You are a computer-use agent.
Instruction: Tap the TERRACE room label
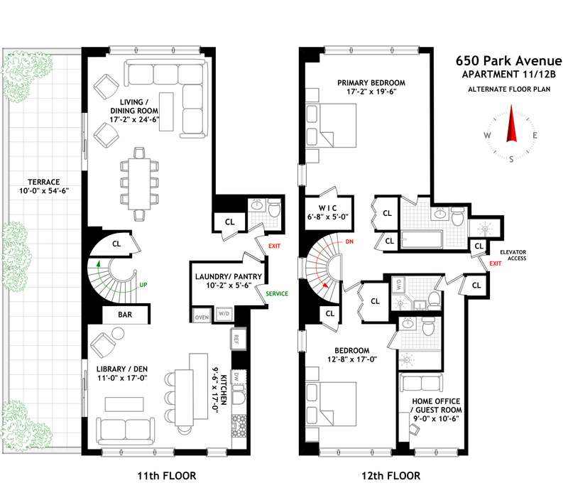[44, 183]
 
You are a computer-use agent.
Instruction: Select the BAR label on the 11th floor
[125, 315]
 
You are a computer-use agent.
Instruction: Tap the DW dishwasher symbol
[237, 376]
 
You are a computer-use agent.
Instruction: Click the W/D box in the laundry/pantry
[224, 313]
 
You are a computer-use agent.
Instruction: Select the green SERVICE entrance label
[277, 293]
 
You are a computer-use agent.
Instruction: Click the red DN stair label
[349, 241]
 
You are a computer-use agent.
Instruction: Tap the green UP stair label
[143, 285]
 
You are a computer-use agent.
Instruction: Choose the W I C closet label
[327, 208]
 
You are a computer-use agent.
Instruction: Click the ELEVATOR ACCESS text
[513, 255]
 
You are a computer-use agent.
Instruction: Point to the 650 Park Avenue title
[508, 60]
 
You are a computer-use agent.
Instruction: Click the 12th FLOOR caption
[391, 476]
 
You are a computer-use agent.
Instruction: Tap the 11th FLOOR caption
[167, 476]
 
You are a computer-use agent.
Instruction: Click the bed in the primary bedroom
[331, 126]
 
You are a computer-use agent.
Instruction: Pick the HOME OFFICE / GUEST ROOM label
[436, 410]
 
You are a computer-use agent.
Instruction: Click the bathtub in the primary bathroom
[422, 239]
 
